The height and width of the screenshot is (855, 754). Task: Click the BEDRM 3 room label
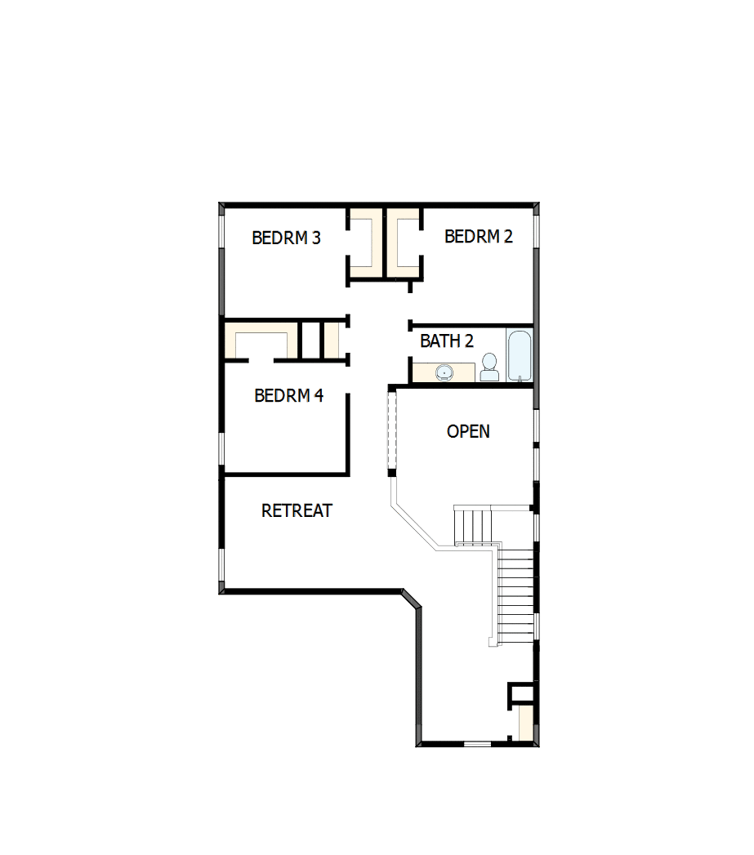[x=286, y=238]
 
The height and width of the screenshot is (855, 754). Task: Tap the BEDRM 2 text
[x=478, y=236]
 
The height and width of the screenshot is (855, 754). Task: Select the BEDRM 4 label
[x=288, y=395]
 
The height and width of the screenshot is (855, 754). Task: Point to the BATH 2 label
[x=446, y=341]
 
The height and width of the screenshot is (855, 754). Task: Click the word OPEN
[x=468, y=431]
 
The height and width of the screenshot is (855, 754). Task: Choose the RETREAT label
[x=297, y=510]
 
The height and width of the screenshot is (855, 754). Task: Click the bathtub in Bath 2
[x=520, y=355]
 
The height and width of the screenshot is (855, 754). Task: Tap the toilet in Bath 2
[x=489, y=367]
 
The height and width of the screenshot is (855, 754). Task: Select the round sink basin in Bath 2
[x=444, y=373]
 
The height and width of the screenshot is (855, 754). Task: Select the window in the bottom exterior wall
[x=477, y=744]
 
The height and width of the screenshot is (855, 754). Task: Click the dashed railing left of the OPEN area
[x=391, y=430]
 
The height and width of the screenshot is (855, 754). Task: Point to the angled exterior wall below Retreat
[x=412, y=600]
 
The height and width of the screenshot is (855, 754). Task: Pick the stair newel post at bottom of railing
[x=493, y=643]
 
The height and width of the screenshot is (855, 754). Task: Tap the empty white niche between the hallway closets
[x=310, y=337]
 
